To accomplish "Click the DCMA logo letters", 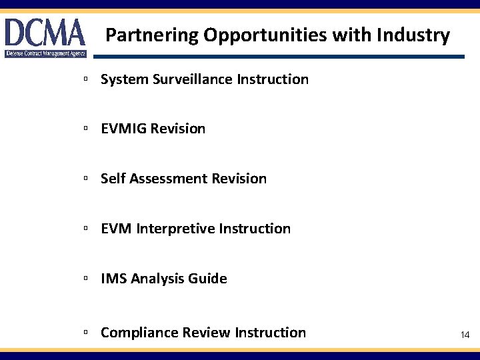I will [45, 32].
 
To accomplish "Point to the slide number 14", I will [465, 335].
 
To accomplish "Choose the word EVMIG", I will [124, 129].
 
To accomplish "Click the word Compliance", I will [138, 332].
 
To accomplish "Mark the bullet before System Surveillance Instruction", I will [86, 79].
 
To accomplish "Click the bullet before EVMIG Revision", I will [86, 129].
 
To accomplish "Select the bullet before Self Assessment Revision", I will [86, 179].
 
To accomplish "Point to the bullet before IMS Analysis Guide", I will [86, 279].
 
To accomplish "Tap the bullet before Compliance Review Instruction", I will [86, 332].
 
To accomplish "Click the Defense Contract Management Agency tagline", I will [45, 53].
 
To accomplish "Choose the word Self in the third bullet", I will [113, 179].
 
